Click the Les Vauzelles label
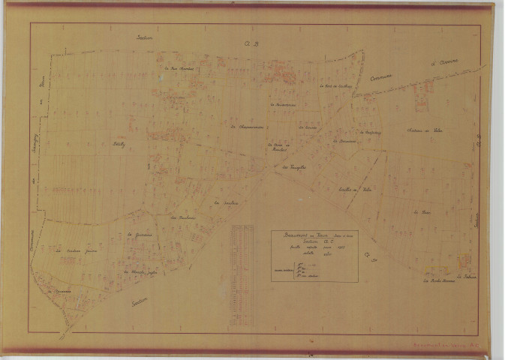(287, 168)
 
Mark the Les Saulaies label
(182, 217)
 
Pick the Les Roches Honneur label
(438, 283)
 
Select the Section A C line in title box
(314, 243)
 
